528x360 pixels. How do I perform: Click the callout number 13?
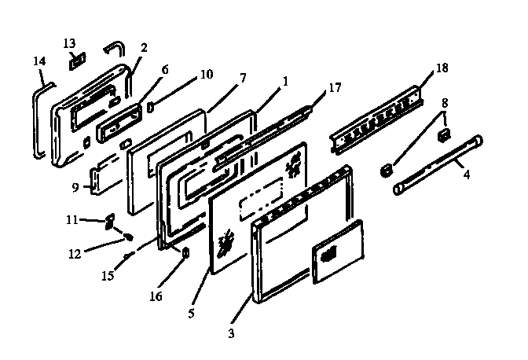tap(69, 42)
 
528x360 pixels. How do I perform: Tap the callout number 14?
tap(38, 61)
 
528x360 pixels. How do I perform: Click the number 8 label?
tap(445, 102)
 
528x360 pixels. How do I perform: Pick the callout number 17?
tap(335, 87)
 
